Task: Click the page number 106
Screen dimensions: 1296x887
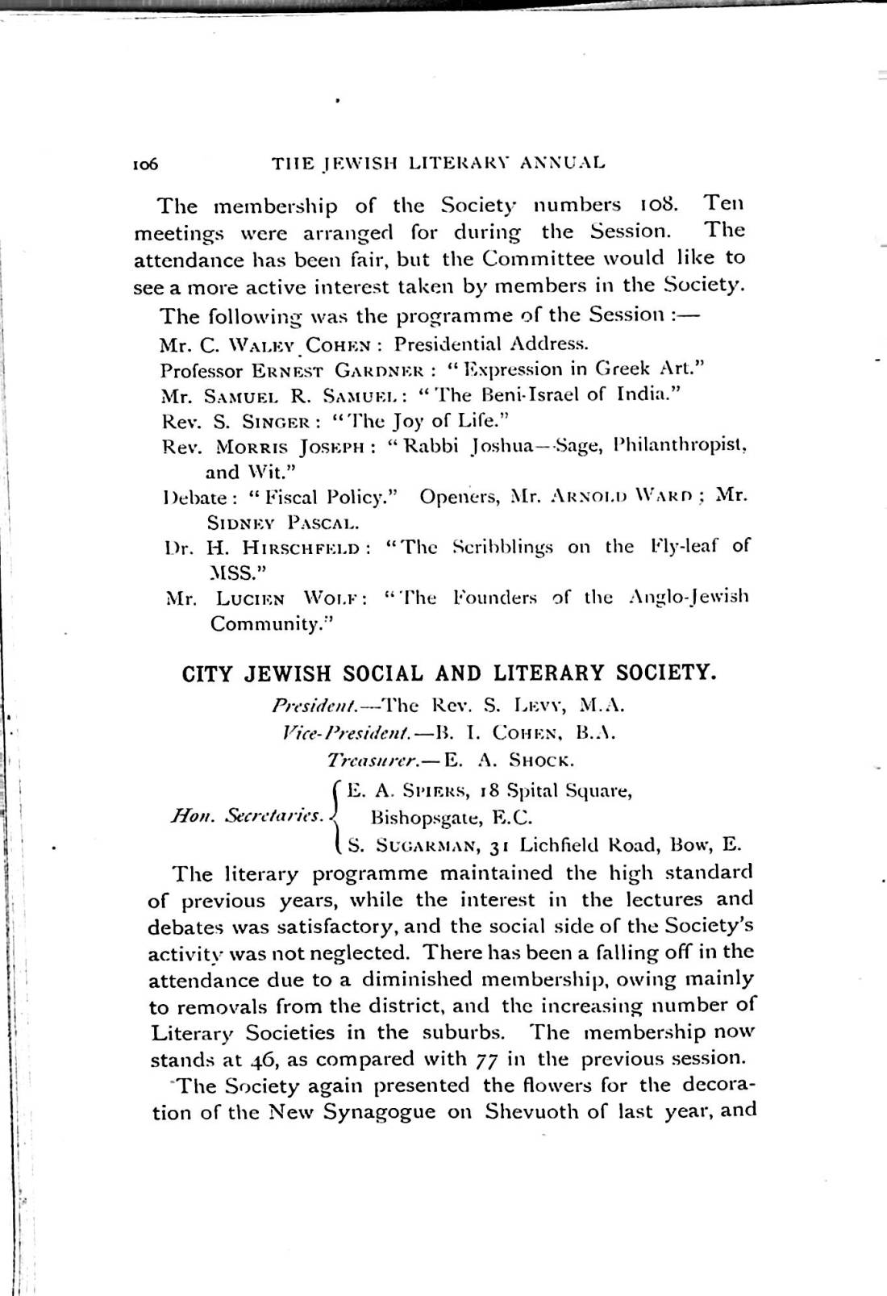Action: click(x=147, y=164)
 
